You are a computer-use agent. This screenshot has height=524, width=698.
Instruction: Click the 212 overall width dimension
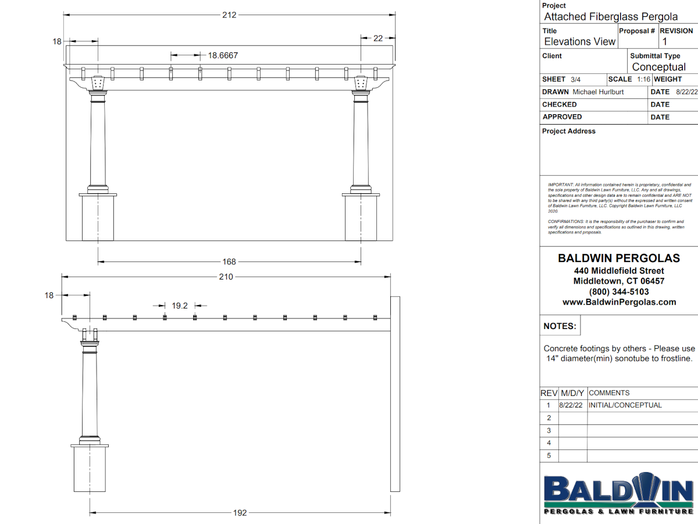229,15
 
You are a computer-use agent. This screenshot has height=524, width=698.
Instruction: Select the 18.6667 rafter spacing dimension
223,55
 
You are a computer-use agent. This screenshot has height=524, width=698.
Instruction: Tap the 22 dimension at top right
378,38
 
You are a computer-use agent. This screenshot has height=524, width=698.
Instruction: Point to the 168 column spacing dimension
229,262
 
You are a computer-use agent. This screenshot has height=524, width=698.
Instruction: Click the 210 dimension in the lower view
226,277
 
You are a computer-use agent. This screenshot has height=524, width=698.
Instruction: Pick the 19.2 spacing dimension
180,305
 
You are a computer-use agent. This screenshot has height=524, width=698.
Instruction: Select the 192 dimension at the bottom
240,513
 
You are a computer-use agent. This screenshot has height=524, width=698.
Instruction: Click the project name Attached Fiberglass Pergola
611,17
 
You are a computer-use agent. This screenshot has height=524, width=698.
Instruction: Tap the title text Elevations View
579,41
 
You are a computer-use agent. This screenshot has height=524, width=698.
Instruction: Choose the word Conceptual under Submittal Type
659,67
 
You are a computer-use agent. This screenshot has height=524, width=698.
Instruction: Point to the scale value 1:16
643,79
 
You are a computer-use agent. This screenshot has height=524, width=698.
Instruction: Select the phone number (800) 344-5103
619,292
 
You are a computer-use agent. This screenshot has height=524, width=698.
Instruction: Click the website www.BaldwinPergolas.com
619,302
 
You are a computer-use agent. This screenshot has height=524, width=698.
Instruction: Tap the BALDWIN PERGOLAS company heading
619,258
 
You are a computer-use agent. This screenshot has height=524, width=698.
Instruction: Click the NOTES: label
560,327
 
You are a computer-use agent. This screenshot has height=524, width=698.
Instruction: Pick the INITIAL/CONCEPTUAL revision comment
625,405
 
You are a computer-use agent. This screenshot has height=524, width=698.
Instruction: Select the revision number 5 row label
549,456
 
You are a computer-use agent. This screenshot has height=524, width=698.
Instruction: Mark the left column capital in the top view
98,84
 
